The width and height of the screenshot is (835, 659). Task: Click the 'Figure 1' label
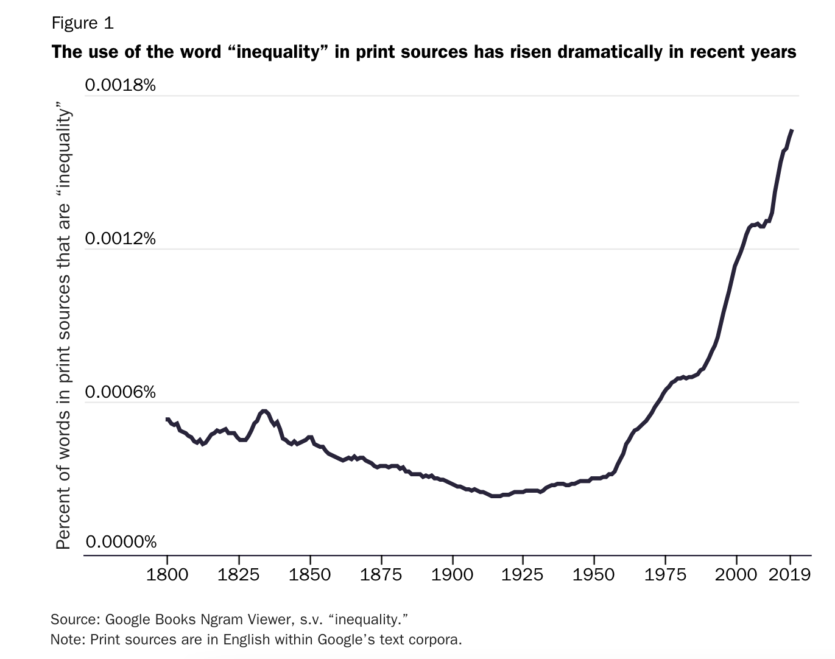(82, 23)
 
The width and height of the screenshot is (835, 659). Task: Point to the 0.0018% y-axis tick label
(121, 85)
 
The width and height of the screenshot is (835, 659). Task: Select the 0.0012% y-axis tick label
(121, 238)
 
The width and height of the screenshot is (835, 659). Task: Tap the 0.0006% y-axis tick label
(121, 392)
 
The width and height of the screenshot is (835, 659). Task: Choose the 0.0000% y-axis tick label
(121, 541)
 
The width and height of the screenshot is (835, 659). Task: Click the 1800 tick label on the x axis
(167, 574)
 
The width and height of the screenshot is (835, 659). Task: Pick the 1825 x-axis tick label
(239, 574)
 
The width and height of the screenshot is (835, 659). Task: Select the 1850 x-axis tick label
(310, 574)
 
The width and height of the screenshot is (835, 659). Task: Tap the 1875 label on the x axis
(381, 574)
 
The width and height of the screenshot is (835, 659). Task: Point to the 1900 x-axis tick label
(452, 574)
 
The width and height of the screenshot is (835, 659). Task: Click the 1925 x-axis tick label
(523, 574)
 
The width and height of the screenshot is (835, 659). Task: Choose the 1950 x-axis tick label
(594, 574)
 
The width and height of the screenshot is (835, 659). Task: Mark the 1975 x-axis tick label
(665, 574)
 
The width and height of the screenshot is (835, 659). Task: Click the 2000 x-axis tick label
(736, 574)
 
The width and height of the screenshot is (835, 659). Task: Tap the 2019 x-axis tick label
(790, 574)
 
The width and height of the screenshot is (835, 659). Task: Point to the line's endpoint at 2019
(791, 130)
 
